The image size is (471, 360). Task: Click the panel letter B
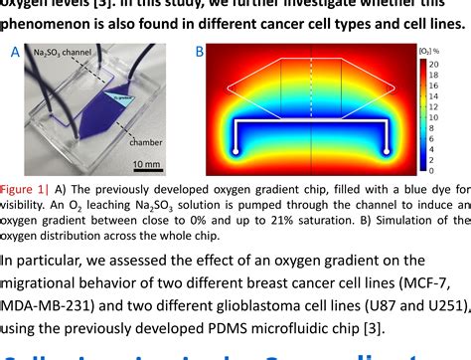pos(199,51)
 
